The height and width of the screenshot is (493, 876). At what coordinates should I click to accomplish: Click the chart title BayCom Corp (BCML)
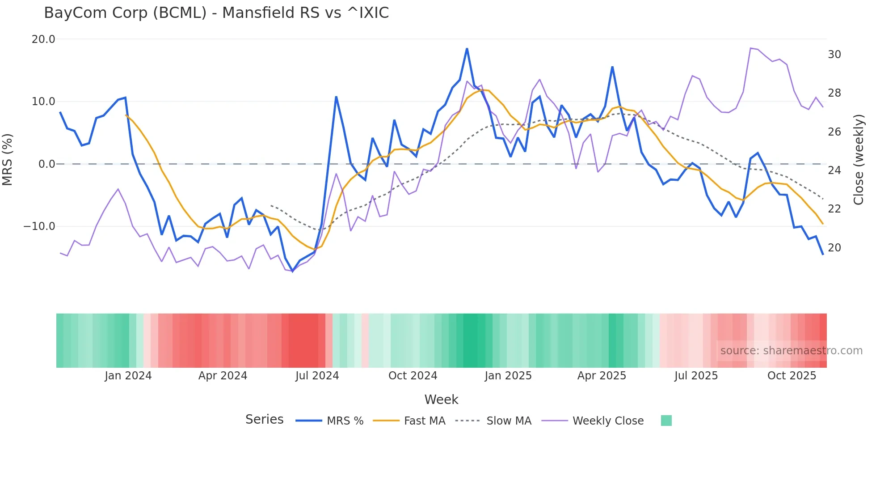click(x=216, y=13)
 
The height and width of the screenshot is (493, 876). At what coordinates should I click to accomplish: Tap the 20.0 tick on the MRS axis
click(x=43, y=39)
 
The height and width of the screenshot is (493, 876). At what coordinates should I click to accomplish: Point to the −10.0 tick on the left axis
click(x=39, y=226)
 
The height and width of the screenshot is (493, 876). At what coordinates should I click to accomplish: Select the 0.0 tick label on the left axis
click(x=46, y=164)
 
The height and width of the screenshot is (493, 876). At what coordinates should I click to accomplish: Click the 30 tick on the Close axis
click(x=834, y=55)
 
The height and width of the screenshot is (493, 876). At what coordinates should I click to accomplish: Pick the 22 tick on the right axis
click(x=834, y=209)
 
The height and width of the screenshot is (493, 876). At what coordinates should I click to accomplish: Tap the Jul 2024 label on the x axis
click(x=317, y=376)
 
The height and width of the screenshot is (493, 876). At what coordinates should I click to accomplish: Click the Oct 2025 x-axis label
click(x=792, y=376)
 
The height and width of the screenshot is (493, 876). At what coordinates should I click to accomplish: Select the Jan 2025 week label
click(x=508, y=376)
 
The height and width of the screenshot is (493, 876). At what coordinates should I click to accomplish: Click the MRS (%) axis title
click(x=8, y=159)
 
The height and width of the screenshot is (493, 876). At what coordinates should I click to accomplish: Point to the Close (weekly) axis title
click(x=858, y=159)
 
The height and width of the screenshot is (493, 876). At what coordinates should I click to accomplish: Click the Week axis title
click(x=441, y=399)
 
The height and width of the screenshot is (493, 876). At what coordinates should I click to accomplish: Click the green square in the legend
click(x=666, y=421)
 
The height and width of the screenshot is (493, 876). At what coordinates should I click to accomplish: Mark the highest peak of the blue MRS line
click(x=467, y=49)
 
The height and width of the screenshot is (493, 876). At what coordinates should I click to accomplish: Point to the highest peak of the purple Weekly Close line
click(x=751, y=48)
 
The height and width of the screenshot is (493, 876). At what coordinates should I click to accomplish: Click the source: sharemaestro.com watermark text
click(x=791, y=351)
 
